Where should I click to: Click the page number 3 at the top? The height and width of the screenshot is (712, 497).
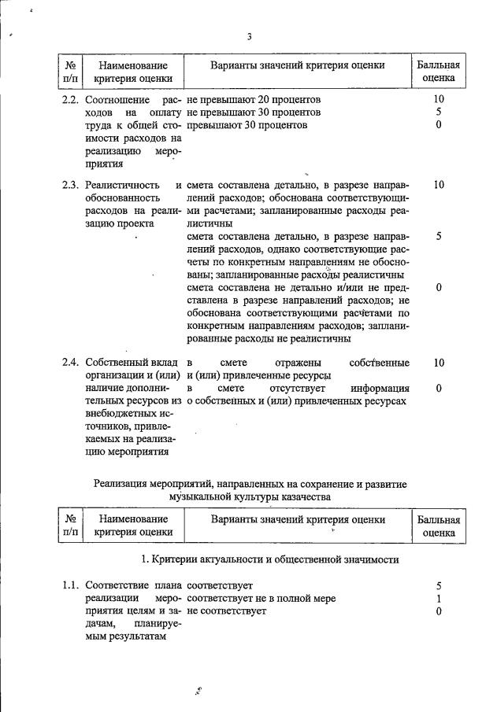point(250,36)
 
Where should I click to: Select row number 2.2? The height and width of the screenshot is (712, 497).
point(71,100)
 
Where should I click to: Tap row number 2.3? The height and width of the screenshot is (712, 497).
point(71,186)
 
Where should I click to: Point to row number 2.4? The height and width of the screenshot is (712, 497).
point(71,363)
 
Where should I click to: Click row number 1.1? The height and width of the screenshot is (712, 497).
point(71,585)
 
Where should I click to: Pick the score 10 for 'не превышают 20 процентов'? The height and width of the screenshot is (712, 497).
point(439,100)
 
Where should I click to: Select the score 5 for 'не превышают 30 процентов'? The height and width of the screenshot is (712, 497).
point(439,113)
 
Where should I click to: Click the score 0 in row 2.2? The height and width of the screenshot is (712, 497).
point(439,125)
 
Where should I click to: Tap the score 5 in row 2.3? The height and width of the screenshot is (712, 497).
point(439,236)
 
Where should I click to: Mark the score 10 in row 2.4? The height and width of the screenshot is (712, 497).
point(439,363)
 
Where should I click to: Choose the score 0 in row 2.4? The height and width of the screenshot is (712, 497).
point(439,388)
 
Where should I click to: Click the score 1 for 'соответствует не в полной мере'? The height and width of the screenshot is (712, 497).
point(439,598)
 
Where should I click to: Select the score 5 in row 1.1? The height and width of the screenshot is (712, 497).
point(439,585)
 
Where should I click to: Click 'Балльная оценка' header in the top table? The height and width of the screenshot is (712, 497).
point(439,72)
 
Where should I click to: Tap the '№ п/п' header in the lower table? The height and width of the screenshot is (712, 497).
point(71,526)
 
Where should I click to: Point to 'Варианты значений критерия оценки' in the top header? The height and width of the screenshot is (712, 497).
point(297,65)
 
